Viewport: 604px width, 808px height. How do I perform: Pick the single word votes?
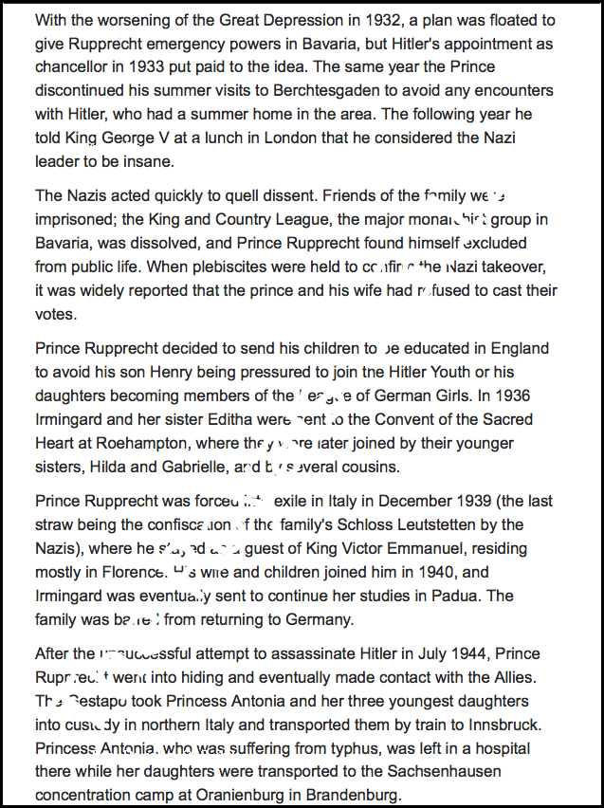coord(56,314)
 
